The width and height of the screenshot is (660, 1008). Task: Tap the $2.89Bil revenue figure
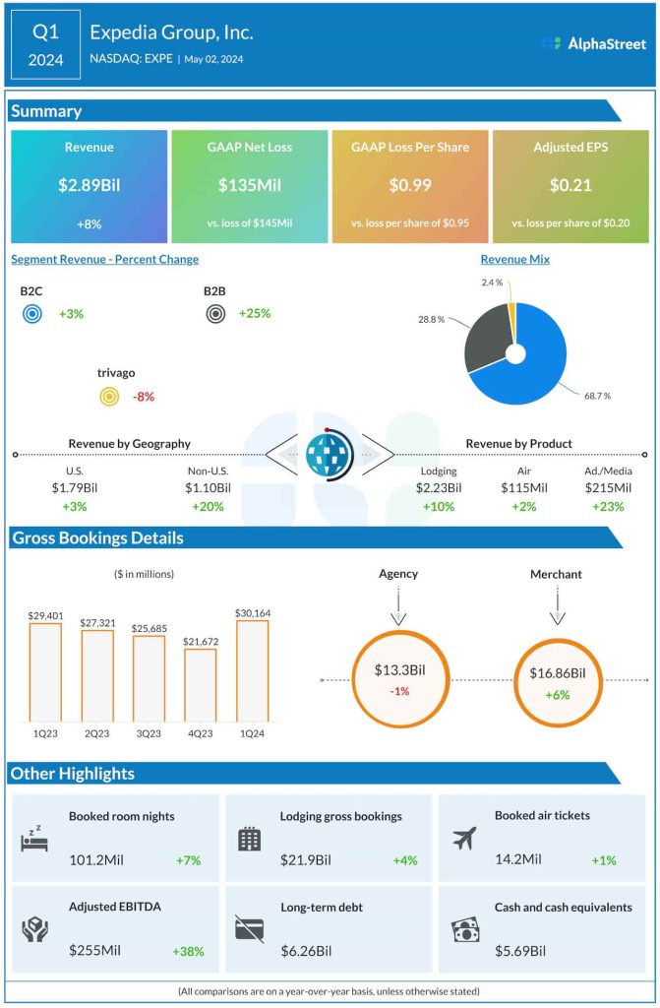coord(89,185)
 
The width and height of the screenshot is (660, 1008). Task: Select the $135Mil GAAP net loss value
coord(249,185)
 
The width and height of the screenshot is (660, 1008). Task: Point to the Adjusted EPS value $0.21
coord(570,185)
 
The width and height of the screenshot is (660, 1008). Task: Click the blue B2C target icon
coord(31,315)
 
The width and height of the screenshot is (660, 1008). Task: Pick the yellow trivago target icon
coord(109,397)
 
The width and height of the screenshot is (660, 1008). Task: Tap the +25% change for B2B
coord(254,314)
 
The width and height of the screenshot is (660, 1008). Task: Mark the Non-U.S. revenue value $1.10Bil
coord(209,487)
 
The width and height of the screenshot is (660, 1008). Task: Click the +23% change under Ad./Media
coord(608,507)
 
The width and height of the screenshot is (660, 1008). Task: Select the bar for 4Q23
coord(200,686)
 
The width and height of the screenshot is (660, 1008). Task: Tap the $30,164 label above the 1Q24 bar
coord(253,612)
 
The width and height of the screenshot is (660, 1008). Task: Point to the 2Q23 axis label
coord(96,734)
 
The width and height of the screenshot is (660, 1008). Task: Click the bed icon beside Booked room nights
coord(35,839)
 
